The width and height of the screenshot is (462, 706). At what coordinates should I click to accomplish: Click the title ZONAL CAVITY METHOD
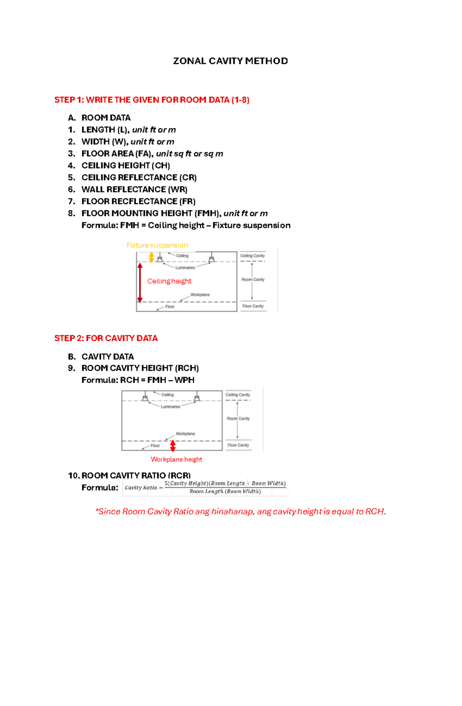click(x=230, y=61)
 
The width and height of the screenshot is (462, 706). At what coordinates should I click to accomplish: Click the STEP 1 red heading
click(x=152, y=100)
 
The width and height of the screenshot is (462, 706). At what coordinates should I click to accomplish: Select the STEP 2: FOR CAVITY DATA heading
click(x=106, y=338)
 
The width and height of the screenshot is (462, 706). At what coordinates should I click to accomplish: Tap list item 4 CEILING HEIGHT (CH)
click(x=126, y=165)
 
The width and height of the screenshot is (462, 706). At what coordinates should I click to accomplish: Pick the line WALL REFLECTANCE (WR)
click(x=134, y=189)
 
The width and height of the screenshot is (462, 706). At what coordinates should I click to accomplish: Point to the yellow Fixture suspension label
click(x=157, y=245)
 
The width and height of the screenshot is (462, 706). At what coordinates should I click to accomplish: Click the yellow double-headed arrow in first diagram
click(x=151, y=257)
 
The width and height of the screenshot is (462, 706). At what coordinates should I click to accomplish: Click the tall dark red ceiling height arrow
click(x=140, y=283)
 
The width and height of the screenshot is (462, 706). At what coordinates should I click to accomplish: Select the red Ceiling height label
click(x=169, y=281)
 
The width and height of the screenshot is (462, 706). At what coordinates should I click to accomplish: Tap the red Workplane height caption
click(x=176, y=459)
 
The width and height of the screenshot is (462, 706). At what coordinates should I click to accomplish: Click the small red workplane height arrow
click(x=173, y=446)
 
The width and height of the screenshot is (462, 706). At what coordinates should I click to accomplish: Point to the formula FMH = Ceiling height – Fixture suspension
click(x=186, y=225)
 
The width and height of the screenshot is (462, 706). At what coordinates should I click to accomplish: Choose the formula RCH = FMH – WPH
click(x=138, y=380)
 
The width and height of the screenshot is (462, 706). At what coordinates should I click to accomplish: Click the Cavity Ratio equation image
click(x=205, y=487)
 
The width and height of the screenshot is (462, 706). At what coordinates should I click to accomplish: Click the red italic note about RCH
click(x=241, y=511)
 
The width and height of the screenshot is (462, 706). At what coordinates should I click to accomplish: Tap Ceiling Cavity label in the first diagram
click(x=253, y=256)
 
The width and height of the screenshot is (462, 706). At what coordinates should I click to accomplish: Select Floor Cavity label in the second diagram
click(x=238, y=445)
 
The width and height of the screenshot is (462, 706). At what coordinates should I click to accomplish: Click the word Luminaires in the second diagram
click(x=170, y=407)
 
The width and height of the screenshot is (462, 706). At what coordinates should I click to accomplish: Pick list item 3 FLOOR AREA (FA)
click(x=152, y=154)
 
